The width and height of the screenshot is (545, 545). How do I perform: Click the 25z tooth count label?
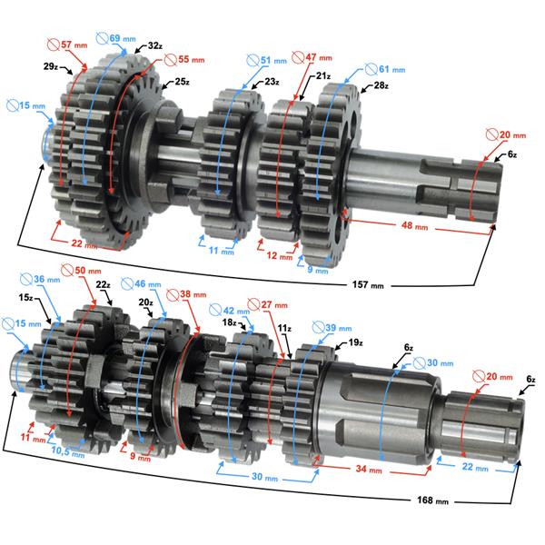(182, 82)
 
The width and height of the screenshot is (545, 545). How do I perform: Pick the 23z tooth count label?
(272, 82)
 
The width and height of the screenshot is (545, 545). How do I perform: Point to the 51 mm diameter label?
(262, 60)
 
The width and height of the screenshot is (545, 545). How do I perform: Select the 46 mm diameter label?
(148, 285)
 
